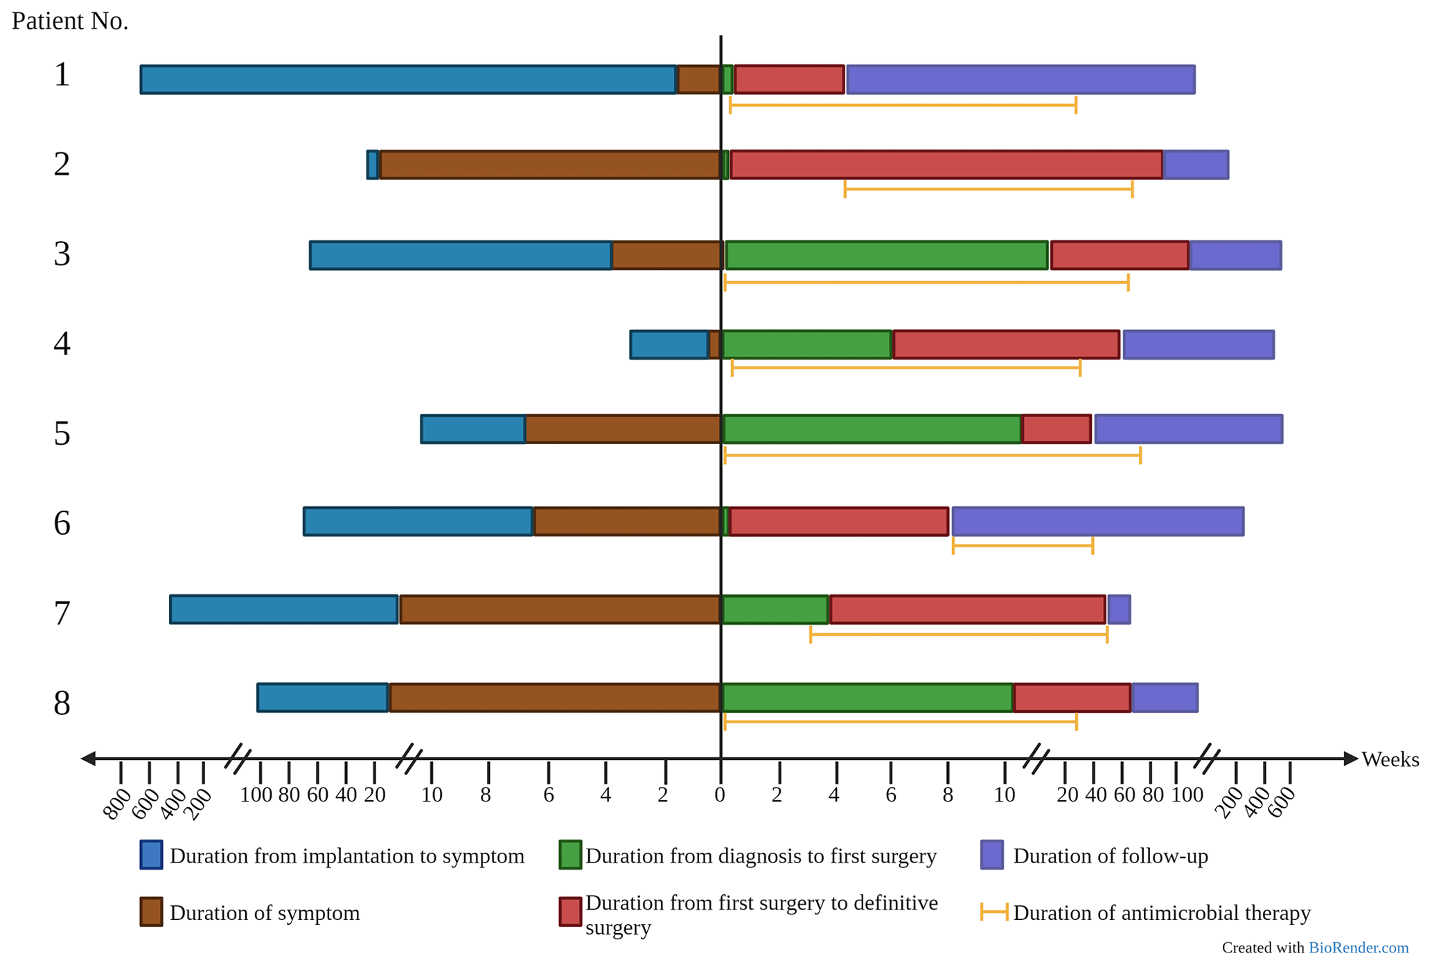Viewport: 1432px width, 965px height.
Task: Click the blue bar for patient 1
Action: click(x=407, y=80)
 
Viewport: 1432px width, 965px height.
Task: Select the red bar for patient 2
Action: click(x=946, y=165)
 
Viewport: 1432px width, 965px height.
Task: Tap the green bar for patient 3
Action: click(x=886, y=256)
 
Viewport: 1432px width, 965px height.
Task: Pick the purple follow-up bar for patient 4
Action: click(x=1198, y=345)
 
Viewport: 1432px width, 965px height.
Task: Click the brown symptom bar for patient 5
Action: click(x=623, y=430)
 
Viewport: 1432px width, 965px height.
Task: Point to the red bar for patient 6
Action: click(x=838, y=522)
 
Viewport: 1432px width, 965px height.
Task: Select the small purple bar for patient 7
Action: click(x=1119, y=610)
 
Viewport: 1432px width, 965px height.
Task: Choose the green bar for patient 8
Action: click(x=867, y=698)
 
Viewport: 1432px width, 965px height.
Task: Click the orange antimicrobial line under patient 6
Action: click(x=1023, y=546)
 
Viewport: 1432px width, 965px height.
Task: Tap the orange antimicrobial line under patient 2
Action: click(x=988, y=189)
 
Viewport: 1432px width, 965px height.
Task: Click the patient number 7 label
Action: click(x=62, y=613)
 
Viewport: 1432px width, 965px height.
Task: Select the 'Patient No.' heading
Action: click(x=70, y=21)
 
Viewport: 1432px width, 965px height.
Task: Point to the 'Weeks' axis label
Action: click(x=1390, y=760)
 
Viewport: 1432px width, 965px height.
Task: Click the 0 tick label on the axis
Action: click(x=720, y=795)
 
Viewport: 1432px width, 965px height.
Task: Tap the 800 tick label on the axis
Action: click(x=116, y=804)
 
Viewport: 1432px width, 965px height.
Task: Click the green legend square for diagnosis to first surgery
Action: click(x=570, y=855)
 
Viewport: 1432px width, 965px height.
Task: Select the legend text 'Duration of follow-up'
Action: click(x=1110, y=856)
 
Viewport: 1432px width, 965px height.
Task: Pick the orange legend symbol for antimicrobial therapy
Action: click(x=994, y=912)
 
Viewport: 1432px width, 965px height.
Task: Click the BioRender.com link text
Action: click(x=1358, y=948)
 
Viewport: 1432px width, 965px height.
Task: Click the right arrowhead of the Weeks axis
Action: click(x=1350, y=759)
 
